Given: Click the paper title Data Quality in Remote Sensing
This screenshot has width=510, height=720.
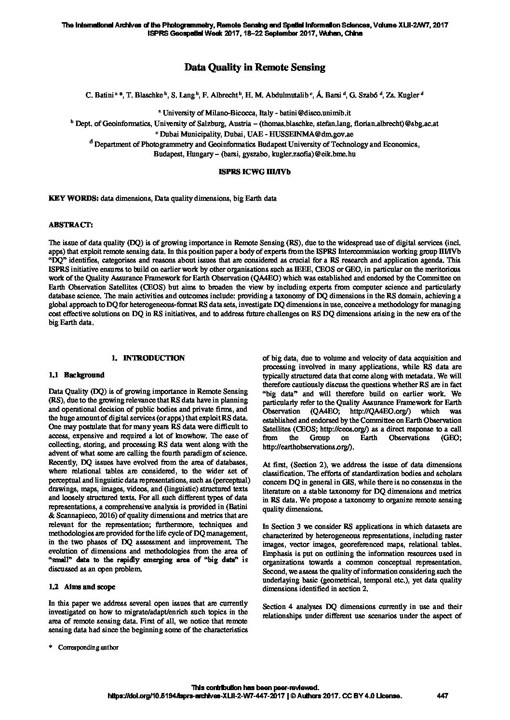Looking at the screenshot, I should click(255, 68).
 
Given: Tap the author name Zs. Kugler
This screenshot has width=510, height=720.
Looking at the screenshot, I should click(403, 96).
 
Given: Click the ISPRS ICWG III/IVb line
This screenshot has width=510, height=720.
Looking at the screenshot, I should click(255, 171).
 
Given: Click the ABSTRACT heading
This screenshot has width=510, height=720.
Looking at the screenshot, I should click(71, 225).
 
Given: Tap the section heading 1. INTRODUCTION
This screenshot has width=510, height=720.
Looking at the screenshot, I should click(148, 358).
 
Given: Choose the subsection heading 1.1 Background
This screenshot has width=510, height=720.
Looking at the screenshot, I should click(77, 375).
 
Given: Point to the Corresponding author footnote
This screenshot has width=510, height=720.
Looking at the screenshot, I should click(88, 648).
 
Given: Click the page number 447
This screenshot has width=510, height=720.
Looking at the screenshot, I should click(442, 695).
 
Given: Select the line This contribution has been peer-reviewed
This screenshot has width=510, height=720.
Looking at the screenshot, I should click(255, 688).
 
